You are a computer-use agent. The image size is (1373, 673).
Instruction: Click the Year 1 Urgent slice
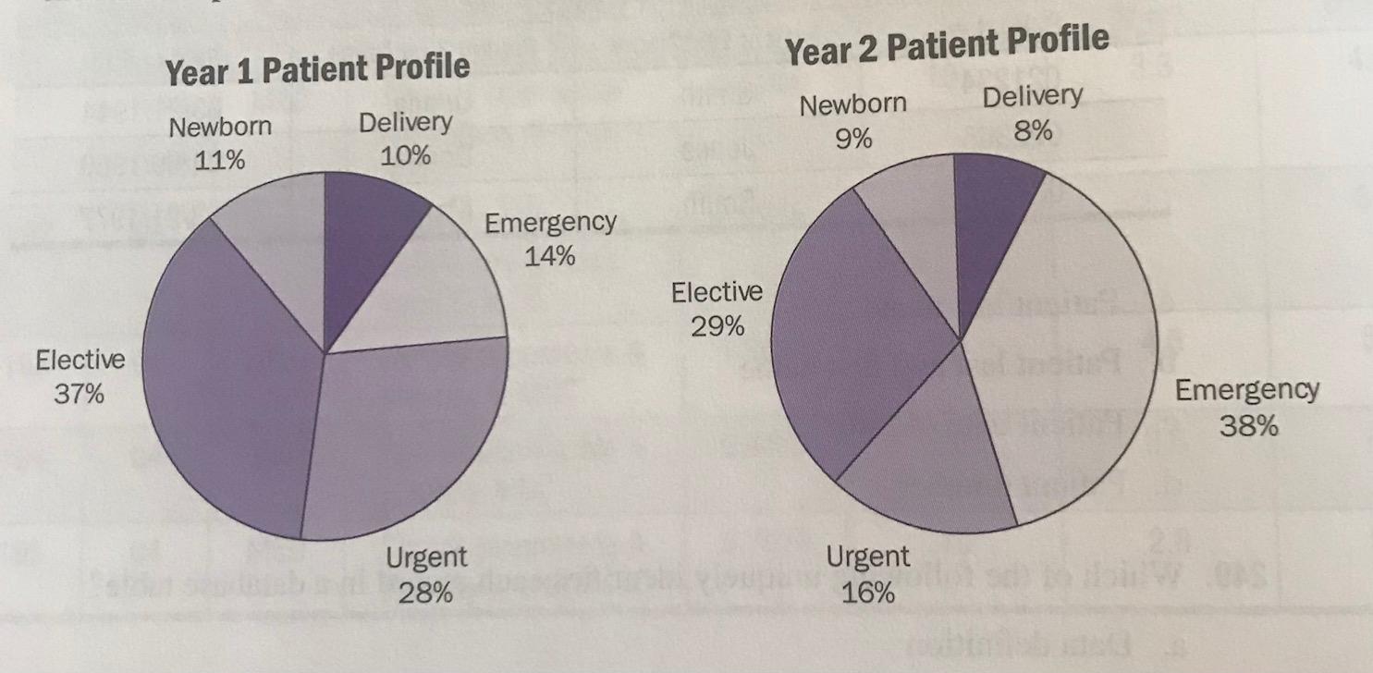[x=407, y=434]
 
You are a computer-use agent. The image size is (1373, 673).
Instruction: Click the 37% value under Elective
[x=80, y=395]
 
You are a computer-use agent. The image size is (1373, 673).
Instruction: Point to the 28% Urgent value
[x=425, y=593]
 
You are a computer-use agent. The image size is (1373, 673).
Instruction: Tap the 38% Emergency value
[x=1247, y=426]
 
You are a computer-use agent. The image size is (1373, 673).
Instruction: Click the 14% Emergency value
[x=549, y=257]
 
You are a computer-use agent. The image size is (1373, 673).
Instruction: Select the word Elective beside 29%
[x=717, y=293]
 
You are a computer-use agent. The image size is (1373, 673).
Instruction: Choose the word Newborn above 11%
[x=221, y=127]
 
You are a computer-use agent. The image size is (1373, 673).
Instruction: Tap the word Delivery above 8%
[x=1031, y=96]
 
